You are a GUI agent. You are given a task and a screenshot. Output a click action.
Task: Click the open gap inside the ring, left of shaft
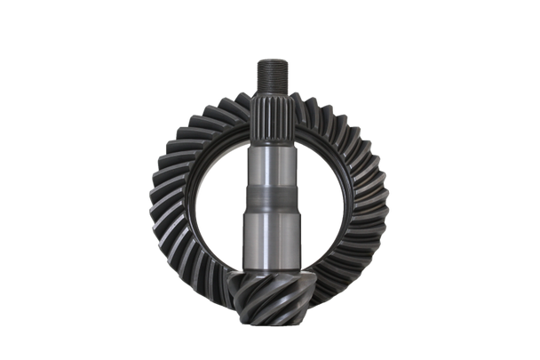click(222, 196)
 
